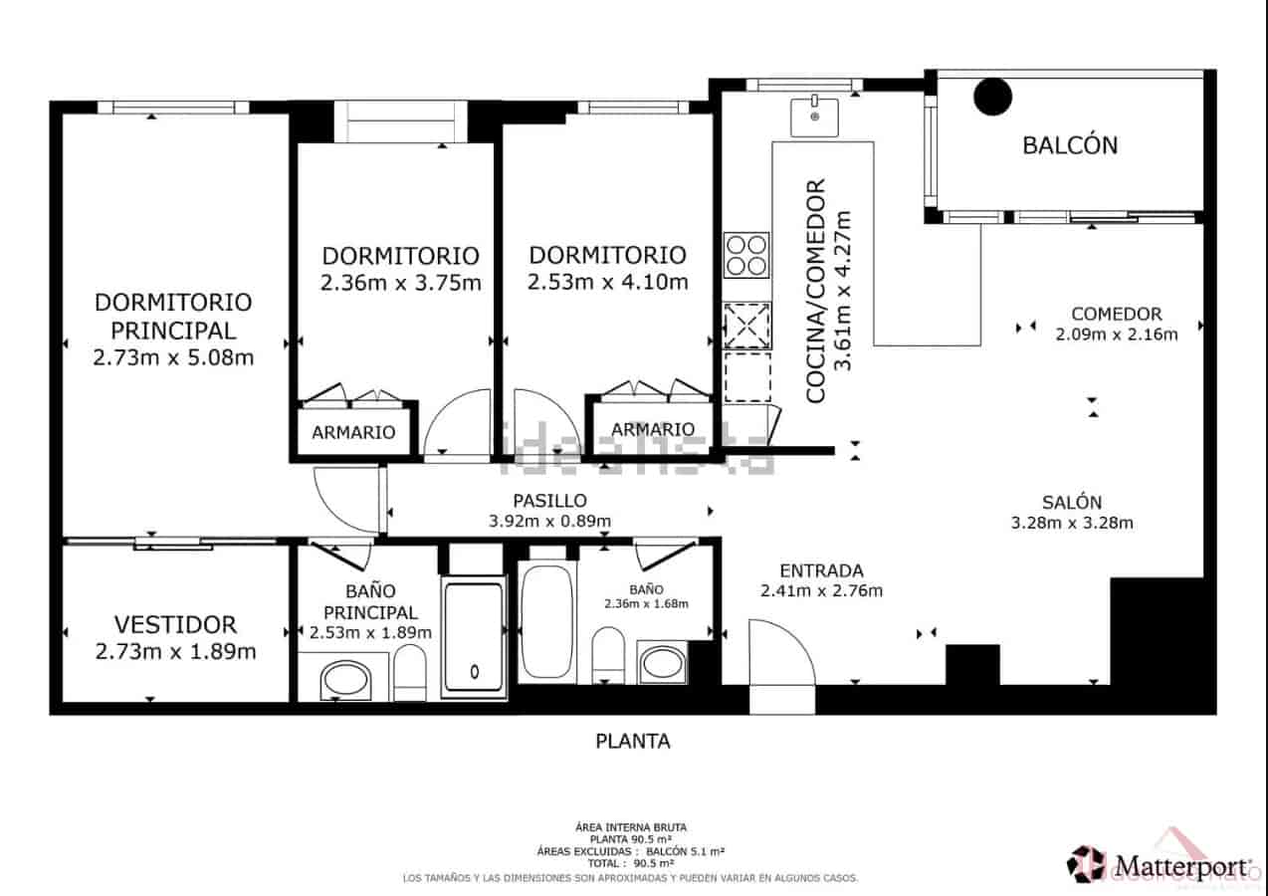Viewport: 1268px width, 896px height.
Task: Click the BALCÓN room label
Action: point(1070,145)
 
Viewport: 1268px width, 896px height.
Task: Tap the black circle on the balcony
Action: point(991,97)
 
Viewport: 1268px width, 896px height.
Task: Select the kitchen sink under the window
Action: point(814,115)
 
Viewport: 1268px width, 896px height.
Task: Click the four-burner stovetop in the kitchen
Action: point(746,254)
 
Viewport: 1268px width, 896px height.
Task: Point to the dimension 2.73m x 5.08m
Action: point(173,357)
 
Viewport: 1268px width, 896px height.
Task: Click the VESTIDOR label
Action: point(175,625)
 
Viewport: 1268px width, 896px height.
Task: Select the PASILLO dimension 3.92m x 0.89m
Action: point(549,521)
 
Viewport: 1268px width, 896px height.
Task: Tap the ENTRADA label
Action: point(821,571)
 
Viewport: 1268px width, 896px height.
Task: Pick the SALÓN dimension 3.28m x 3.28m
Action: point(1072,523)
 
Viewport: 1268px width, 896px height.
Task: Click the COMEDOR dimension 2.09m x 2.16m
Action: point(1116,335)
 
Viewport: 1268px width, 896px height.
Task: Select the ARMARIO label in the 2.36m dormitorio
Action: point(353,433)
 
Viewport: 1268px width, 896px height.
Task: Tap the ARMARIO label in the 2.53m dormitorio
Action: point(653,430)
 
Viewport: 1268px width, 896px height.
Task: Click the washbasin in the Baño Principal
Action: point(345,681)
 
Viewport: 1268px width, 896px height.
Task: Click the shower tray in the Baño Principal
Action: point(474,637)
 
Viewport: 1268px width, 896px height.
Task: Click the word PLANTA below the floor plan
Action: point(633,741)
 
